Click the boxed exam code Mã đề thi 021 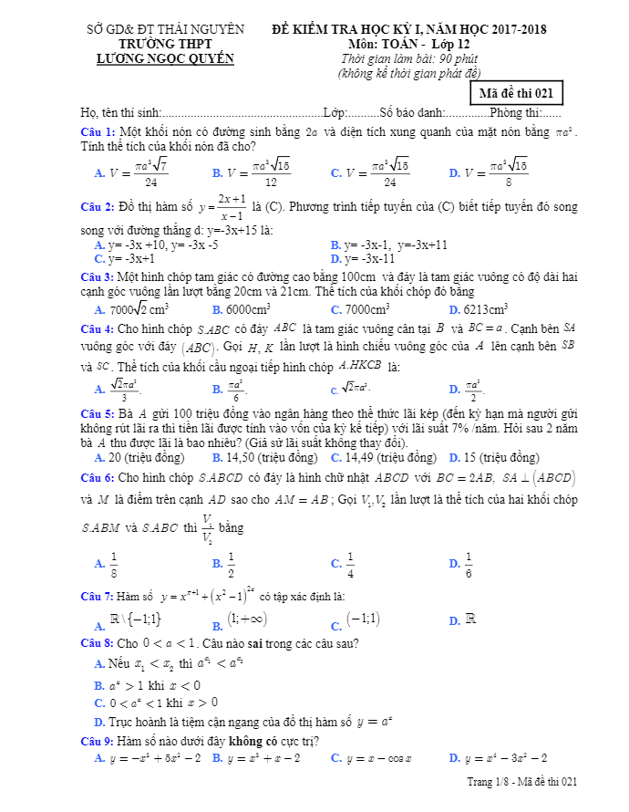click(516, 93)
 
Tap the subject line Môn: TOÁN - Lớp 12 click(409, 44)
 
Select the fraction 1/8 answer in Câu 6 click(114, 565)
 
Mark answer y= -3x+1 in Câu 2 click(137, 258)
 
